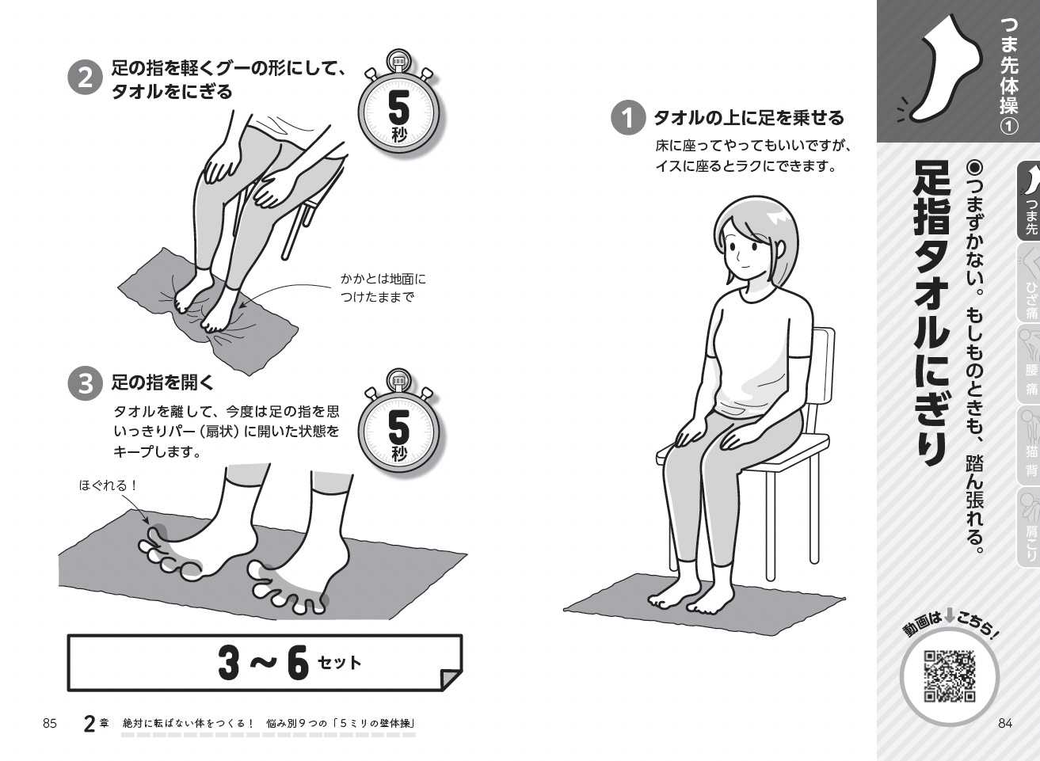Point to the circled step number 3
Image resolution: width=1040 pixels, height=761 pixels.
pyautogui.click(x=85, y=384)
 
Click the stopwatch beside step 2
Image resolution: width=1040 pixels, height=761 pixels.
pyautogui.click(x=399, y=103)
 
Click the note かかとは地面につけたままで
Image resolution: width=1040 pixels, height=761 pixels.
pyautogui.click(x=383, y=288)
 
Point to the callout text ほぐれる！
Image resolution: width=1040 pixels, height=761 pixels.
pyautogui.click(x=109, y=485)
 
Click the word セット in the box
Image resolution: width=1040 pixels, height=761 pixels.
pyautogui.click(x=339, y=663)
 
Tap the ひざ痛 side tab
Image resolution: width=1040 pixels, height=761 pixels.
pyautogui.click(x=1030, y=283)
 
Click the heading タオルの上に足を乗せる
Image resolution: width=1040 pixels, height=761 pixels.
pyautogui.click(x=749, y=118)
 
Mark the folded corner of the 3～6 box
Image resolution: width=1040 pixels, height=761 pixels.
pyautogui.click(x=450, y=679)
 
